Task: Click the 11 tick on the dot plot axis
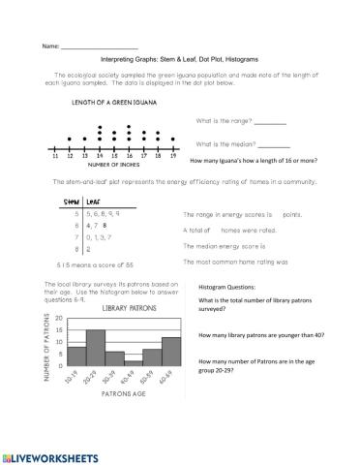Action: point(56,154)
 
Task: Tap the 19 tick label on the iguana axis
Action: point(172,154)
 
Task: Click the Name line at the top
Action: point(99,46)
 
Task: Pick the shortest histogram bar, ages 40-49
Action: point(134,361)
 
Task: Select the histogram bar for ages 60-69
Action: point(171,350)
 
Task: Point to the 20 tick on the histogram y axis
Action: point(60,318)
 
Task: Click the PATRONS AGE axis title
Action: point(119,394)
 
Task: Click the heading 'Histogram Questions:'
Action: point(227,288)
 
